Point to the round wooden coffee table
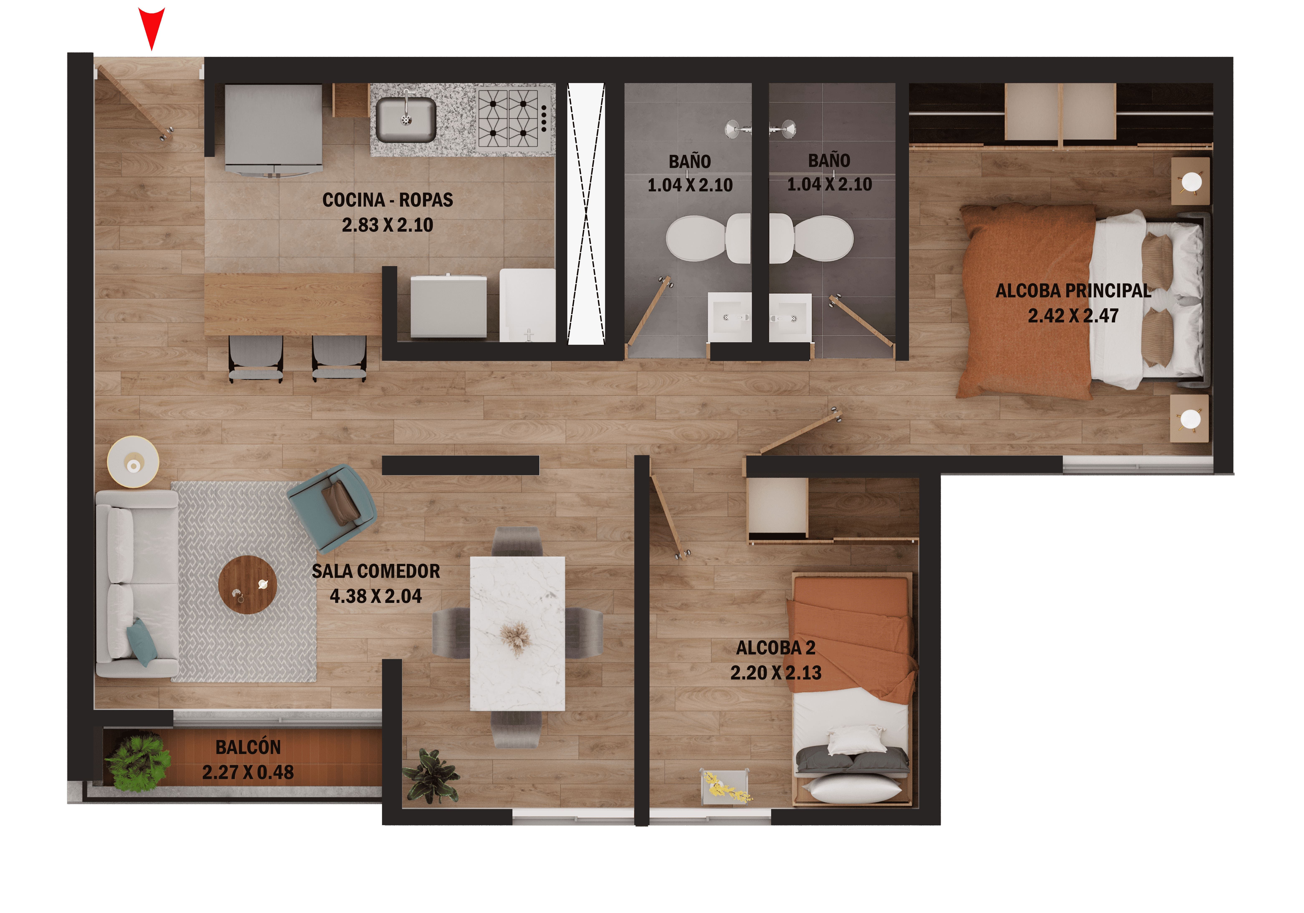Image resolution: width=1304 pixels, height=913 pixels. [x=248, y=585]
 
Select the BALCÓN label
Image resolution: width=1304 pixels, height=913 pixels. [x=248, y=747]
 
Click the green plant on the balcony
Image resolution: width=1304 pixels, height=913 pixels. [x=138, y=763]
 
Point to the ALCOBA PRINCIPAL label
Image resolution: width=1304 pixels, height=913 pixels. [x=1073, y=291]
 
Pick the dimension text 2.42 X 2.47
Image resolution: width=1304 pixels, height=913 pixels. [x=1073, y=316]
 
